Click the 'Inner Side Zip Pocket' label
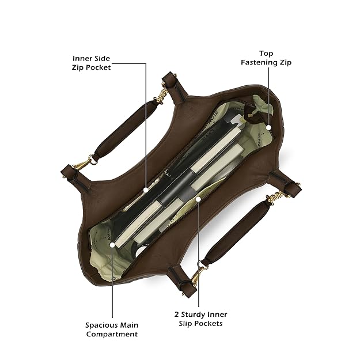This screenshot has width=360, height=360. [x=92, y=63]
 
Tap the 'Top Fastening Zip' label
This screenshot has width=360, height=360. [x=266, y=58]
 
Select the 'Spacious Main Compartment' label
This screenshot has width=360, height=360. [x=112, y=329]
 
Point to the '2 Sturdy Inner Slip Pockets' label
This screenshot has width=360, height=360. [x=200, y=319]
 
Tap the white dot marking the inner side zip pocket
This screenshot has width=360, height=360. [x=146, y=188]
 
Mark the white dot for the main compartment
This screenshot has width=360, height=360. [x=112, y=244]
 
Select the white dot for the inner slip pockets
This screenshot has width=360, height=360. [x=198, y=199]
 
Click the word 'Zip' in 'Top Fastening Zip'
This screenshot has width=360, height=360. [x=285, y=62]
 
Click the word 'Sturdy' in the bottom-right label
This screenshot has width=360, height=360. [x=198, y=314]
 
